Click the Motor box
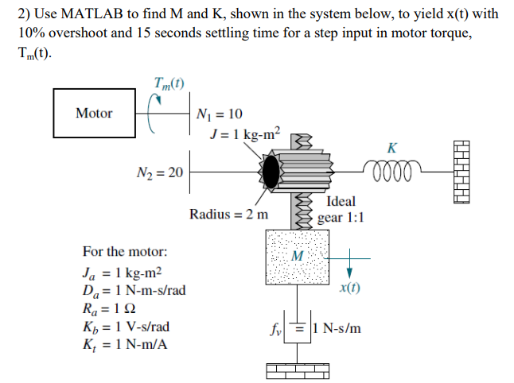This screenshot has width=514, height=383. [x=94, y=113]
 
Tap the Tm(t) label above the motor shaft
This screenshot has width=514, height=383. [x=171, y=82]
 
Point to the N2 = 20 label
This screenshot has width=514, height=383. [x=158, y=171]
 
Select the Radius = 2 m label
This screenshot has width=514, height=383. [x=229, y=215]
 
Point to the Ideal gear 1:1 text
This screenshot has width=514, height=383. [x=341, y=209]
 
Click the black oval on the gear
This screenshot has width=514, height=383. [x=273, y=169]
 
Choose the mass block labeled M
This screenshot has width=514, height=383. [x=298, y=257]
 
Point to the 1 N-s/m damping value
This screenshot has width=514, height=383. [x=337, y=327]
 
